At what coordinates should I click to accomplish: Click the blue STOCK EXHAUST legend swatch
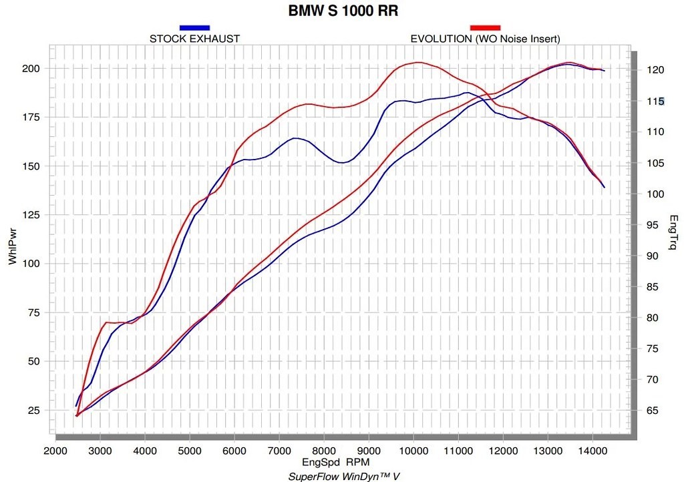point(194,27)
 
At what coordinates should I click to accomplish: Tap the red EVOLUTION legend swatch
point(485,27)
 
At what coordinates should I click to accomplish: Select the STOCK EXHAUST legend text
point(194,39)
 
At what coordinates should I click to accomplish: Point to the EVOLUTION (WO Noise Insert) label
point(485,39)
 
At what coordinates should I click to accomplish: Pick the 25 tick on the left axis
point(33,410)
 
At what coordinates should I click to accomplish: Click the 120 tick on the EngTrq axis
point(655,70)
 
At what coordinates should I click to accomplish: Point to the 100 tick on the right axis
point(655,194)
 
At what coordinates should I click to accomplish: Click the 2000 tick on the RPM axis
point(55,451)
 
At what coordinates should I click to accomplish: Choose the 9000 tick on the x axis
point(369,451)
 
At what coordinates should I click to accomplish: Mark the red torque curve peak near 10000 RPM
point(418,62)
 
